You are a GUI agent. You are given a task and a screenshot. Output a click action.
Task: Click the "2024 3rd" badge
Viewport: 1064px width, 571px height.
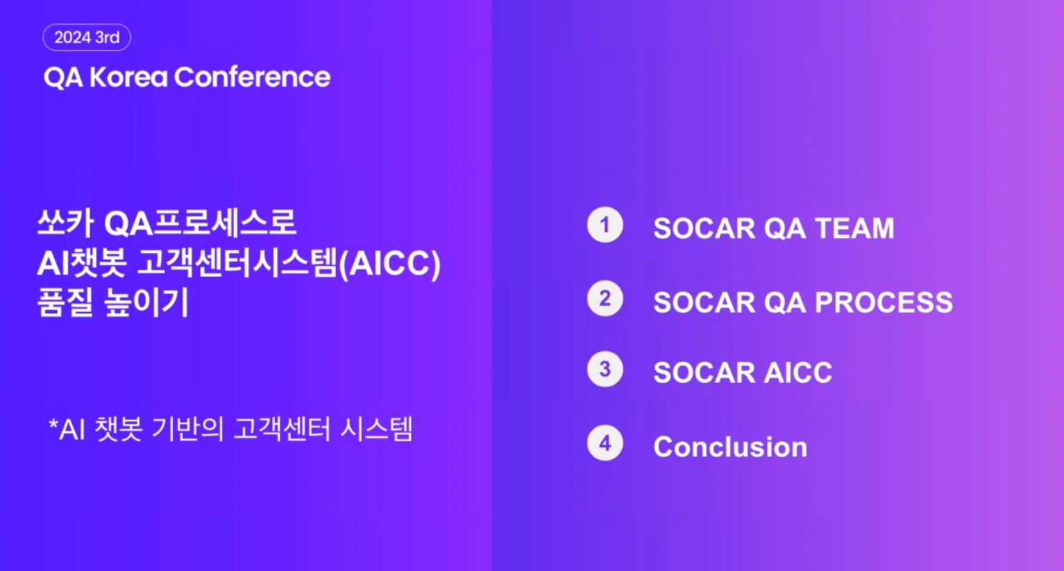(87, 37)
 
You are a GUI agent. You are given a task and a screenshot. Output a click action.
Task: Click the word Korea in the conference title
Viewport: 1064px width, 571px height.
(128, 77)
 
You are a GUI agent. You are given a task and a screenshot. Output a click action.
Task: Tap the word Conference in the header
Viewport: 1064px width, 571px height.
(252, 77)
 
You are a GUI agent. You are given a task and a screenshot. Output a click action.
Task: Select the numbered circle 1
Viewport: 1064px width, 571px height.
(605, 225)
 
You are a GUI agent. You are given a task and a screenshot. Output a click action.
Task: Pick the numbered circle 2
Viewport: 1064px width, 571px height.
(605, 298)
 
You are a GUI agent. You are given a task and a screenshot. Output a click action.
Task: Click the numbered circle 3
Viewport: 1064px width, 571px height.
(605, 369)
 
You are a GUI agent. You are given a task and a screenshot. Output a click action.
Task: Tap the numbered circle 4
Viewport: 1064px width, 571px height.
(605, 443)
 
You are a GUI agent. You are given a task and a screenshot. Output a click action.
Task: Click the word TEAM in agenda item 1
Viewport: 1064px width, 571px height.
(854, 228)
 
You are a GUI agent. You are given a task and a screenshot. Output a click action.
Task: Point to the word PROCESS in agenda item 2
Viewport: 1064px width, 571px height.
(884, 302)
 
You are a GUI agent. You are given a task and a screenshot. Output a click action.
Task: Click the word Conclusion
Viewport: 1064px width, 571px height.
(730, 447)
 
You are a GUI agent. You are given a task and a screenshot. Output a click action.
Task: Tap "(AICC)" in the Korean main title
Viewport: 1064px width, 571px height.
(389, 264)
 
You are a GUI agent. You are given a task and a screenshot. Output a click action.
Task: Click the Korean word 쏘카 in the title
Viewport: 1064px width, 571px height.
(65, 223)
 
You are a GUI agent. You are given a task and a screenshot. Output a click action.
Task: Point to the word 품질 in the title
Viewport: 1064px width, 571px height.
(65, 302)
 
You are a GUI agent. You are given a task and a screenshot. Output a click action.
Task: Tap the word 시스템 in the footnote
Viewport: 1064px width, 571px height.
(376, 429)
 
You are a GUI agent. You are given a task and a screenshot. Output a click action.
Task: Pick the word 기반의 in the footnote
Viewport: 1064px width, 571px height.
(187, 429)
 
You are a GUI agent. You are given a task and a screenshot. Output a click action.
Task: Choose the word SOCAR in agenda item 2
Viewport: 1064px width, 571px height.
(704, 302)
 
